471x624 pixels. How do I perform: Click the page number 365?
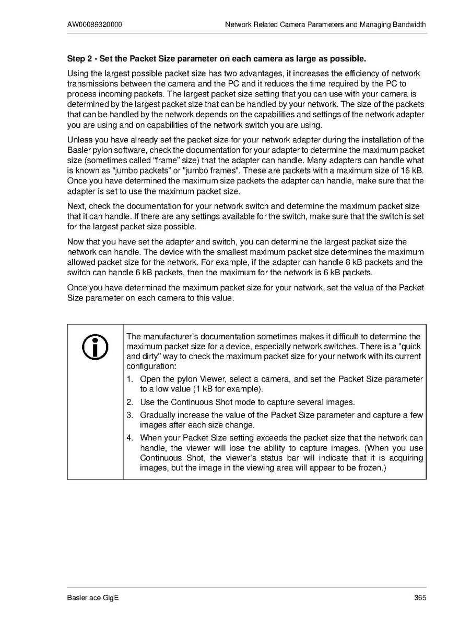420,598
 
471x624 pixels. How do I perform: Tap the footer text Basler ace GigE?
93,598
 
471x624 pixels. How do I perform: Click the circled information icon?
95,346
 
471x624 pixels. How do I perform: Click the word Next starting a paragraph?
76,206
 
